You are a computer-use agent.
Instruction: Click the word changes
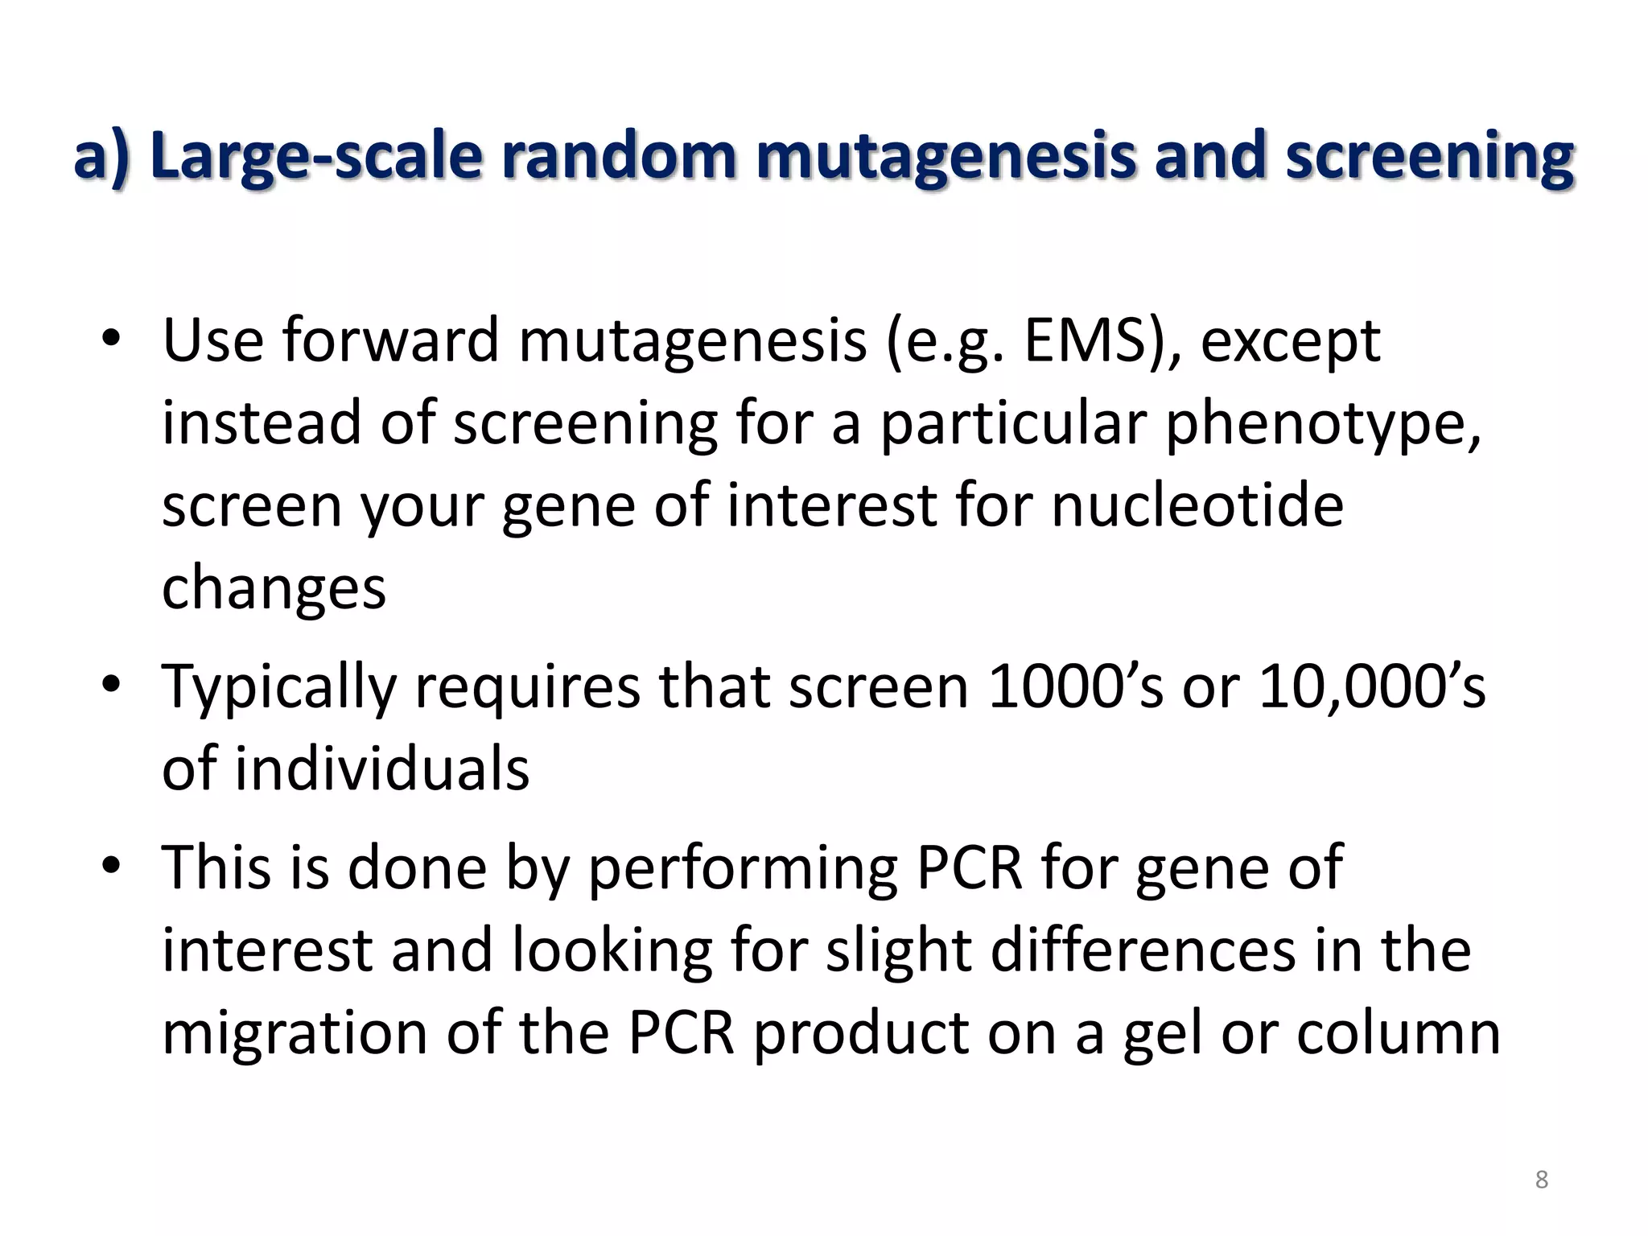[x=274, y=587]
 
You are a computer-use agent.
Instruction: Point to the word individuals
[x=382, y=768]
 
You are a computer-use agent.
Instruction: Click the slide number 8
[x=1541, y=1180]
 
